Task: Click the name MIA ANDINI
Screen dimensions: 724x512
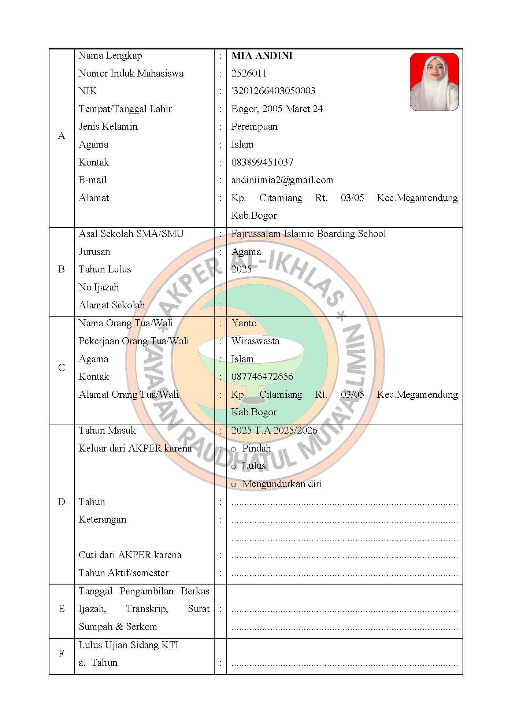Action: coord(262,56)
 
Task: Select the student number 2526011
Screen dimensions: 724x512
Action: coord(249,73)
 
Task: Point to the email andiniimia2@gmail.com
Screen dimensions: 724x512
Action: coord(282,180)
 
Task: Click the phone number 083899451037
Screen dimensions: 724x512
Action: coord(262,162)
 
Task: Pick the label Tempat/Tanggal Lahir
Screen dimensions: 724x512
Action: coord(125,109)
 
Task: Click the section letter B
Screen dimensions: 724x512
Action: coord(62,270)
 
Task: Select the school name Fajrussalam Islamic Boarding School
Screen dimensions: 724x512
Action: coord(308,234)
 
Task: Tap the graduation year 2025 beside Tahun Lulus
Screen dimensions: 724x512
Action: coord(241,269)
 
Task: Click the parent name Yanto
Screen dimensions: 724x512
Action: coord(244,323)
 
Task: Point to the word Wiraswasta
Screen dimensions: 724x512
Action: coord(255,341)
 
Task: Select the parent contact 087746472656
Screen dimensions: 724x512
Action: coord(262,376)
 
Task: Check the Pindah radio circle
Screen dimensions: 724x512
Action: coord(234,449)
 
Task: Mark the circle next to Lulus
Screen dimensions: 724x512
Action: coord(234,467)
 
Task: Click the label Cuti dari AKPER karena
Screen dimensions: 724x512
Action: coord(130,555)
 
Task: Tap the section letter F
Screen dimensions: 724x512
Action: coord(62,654)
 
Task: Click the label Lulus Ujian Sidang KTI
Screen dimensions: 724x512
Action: coord(129,645)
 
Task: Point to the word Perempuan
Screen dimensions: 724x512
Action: coord(254,127)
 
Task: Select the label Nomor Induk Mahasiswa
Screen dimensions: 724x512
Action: coord(131,73)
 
